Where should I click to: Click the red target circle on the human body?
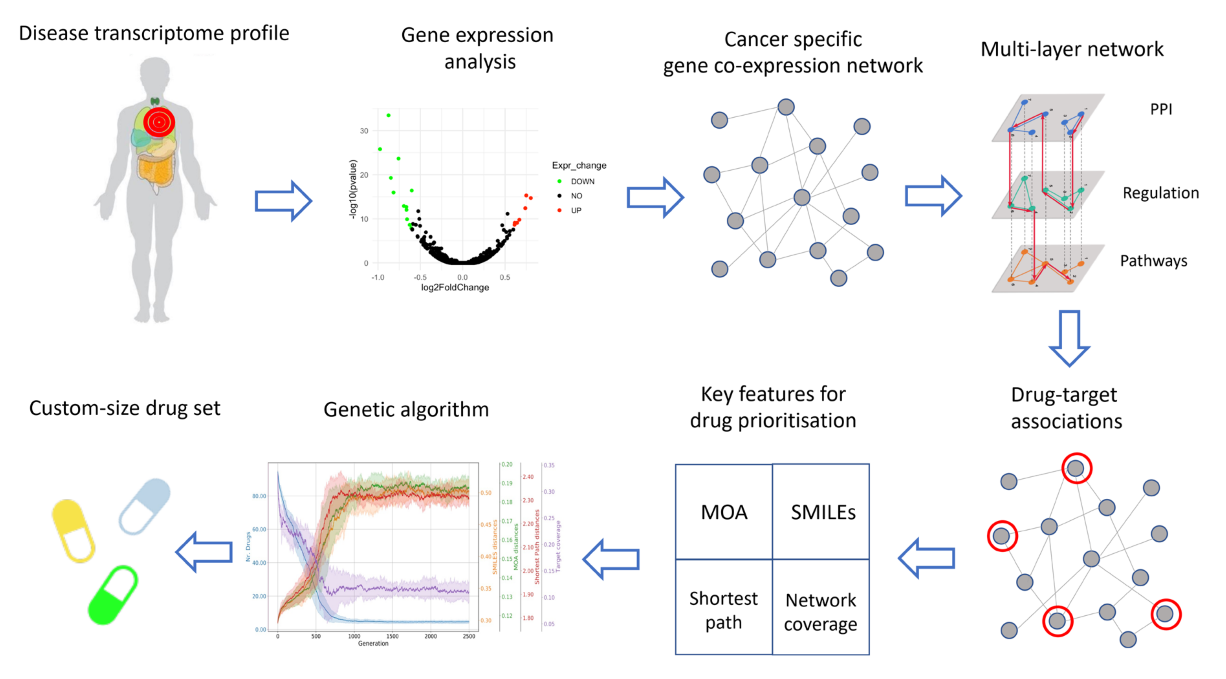[x=159, y=122]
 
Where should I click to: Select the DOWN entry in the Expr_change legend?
[x=582, y=181]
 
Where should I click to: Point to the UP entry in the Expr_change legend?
[x=575, y=210]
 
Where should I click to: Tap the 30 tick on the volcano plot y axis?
[x=364, y=131]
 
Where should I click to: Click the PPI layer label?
[x=1160, y=109]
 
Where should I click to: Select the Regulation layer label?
[x=1160, y=193]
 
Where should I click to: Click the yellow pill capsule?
[x=73, y=530]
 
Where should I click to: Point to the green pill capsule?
[x=113, y=594]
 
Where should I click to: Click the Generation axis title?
[x=373, y=643]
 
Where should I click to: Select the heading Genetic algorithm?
[x=406, y=409]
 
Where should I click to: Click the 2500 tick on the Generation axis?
[x=469, y=636]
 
